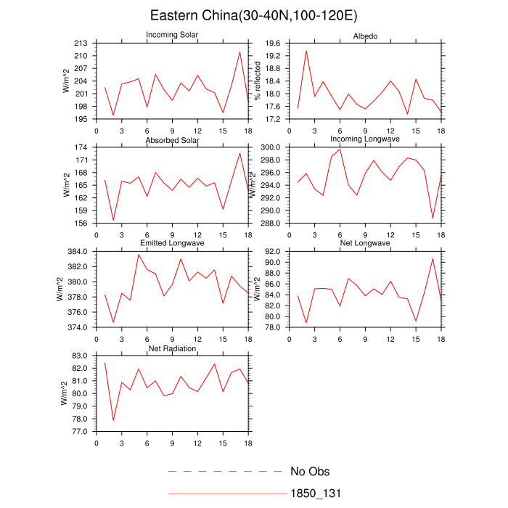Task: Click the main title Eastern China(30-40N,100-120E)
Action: click(x=253, y=15)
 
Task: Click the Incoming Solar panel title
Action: click(x=172, y=35)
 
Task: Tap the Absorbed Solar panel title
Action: click(x=172, y=139)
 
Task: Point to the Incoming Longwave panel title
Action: click(x=364, y=139)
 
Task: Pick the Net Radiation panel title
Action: click(x=172, y=348)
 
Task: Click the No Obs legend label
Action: click(x=310, y=472)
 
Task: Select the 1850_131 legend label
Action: click(x=316, y=493)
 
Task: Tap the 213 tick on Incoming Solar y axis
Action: click(x=81, y=44)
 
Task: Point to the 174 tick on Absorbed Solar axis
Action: click(x=81, y=147)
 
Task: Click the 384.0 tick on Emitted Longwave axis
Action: click(x=78, y=251)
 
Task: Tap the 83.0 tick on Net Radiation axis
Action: click(x=79, y=356)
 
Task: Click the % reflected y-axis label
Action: click(x=257, y=81)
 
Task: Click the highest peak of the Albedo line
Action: click(x=306, y=51)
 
